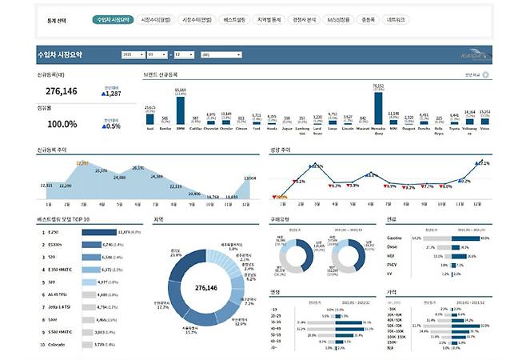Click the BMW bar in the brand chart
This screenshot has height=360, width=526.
(x=180, y=109)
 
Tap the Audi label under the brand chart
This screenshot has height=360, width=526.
(x=149, y=128)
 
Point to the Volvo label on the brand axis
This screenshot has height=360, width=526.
(x=484, y=128)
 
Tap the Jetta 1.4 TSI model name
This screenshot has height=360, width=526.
(x=61, y=306)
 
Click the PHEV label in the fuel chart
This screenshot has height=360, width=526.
(x=392, y=265)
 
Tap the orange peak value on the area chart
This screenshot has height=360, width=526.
(x=82, y=163)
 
